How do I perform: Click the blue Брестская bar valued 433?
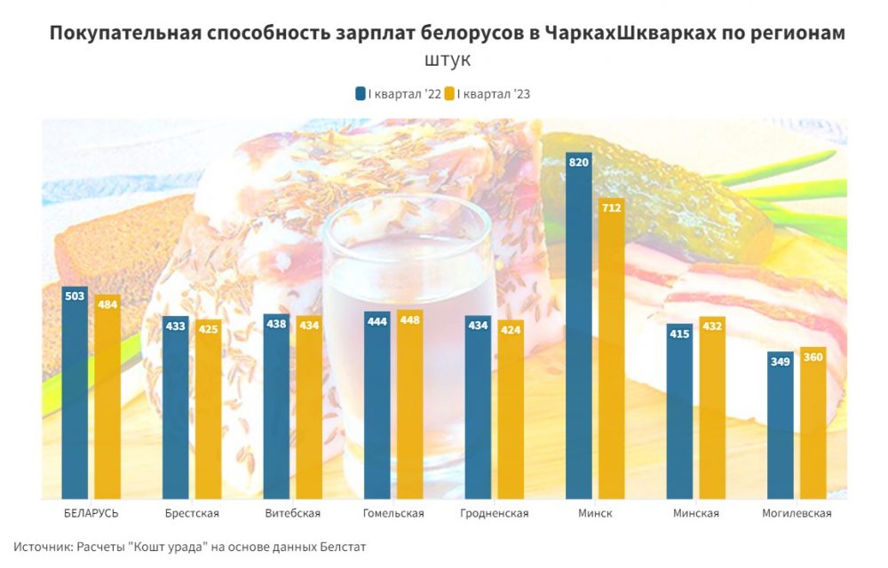[x=175, y=407]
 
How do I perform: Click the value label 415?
[x=680, y=334]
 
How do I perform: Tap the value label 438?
[x=276, y=324]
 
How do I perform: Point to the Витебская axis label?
[x=293, y=513]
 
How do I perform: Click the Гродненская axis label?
[x=496, y=513]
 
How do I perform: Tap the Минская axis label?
[x=696, y=513]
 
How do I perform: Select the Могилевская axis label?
[x=797, y=513]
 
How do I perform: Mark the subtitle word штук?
[x=448, y=61]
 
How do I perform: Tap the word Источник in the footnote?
[x=43, y=547]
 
